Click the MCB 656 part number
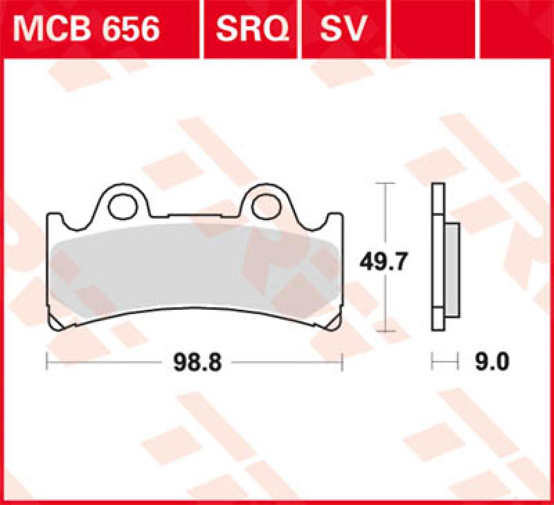coord(87,29)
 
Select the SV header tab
coord(343,29)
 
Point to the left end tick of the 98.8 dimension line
coord(46,361)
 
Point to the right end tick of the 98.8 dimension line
coord(342,361)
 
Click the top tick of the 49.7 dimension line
coord(385,183)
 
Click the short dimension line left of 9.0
coord(445,361)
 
